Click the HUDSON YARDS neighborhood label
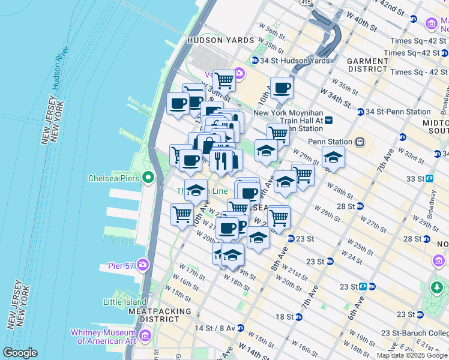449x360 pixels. (x=216, y=40)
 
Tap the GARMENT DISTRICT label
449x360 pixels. (x=367, y=65)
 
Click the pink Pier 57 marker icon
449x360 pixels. (x=143, y=264)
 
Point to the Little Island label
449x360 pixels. (x=124, y=302)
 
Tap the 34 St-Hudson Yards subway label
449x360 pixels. (x=282, y=61)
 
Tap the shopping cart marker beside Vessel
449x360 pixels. (x=224, y=79)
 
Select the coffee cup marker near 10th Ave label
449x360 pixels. (x=282, y=88)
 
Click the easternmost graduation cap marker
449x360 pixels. (x=333, y=157)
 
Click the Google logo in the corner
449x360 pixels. (x=20, y=353)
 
